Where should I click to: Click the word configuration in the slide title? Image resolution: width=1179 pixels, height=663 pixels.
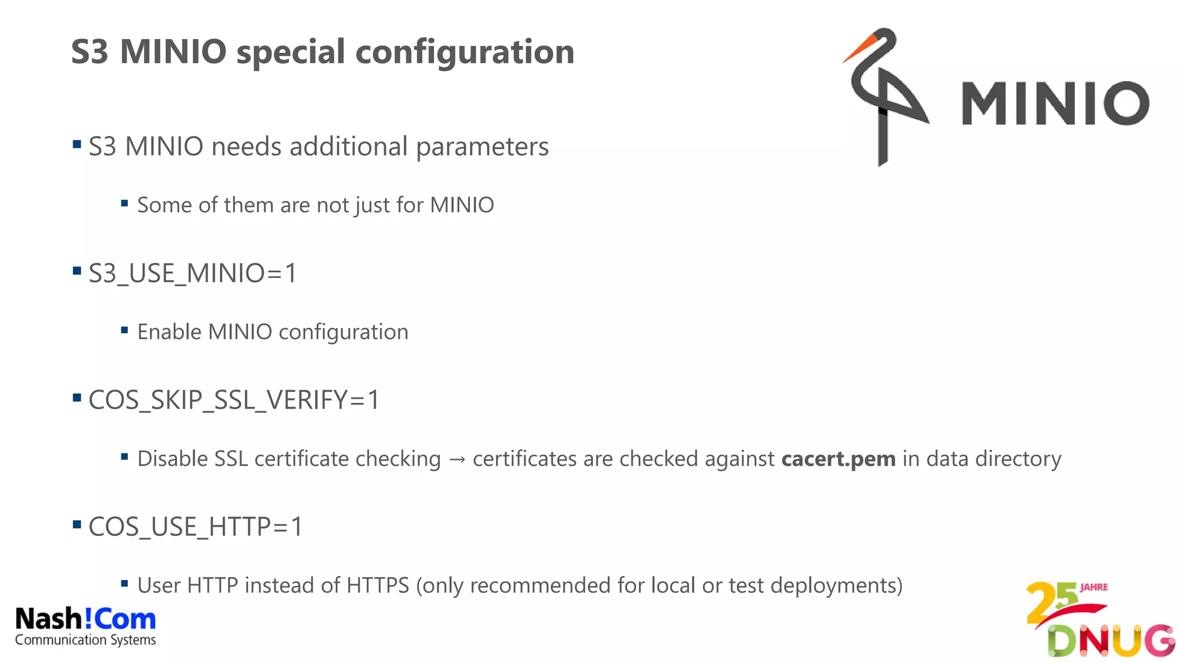point(465,52)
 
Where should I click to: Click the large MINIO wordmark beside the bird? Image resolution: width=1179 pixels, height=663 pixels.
point(1055,104)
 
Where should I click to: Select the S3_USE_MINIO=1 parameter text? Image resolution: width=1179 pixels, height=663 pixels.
point(192,273)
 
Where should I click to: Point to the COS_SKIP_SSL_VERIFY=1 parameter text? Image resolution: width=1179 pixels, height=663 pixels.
point(234,400)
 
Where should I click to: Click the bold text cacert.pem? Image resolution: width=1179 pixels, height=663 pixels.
point(838,459)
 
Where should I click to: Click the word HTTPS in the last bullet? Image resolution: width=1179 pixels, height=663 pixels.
point(378,586)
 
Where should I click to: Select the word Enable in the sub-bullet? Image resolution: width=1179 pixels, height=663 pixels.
point(169,333)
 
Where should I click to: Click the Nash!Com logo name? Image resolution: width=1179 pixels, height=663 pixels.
point(85,619)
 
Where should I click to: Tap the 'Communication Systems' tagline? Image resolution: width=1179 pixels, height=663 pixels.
point(85,640)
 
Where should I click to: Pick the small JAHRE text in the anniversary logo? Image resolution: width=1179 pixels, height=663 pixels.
point(1094,588)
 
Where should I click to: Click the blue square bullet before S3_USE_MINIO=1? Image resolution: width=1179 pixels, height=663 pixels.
point(77,270)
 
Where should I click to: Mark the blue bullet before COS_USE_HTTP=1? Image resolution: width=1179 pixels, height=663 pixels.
point(77,524)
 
